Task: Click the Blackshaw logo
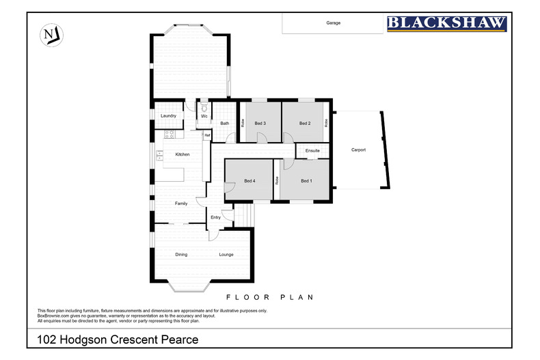447,24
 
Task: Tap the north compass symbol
50,35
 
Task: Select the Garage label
333,23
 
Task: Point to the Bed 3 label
260,123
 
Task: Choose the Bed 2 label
305,123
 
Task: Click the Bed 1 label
306,181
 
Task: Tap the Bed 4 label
249,181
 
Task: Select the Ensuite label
312,150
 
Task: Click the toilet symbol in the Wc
204,108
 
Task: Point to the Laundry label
168,116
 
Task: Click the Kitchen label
182,154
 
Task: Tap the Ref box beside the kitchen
207,135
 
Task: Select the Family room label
181,204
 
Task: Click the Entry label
215,217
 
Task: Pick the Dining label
181,255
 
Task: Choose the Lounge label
226,255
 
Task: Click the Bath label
224,124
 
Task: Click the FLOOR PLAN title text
269,297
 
